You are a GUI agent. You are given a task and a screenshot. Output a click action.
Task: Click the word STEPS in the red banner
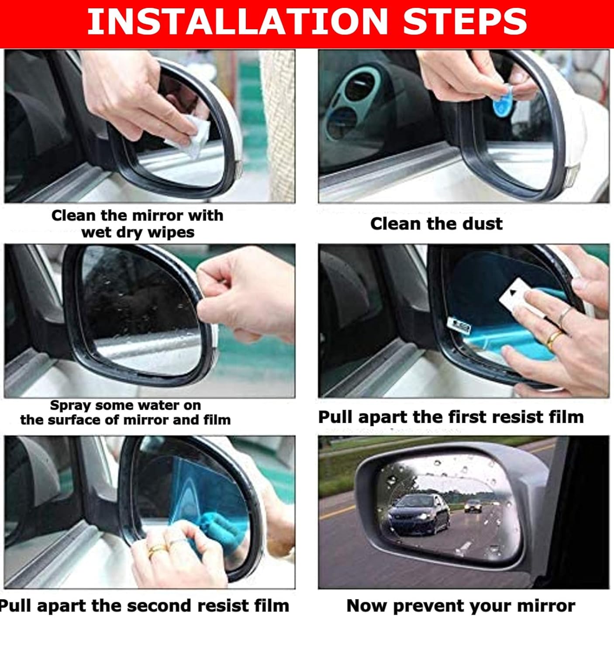click(465, 21)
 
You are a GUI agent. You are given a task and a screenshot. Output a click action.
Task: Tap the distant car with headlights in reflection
click(473, 506)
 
